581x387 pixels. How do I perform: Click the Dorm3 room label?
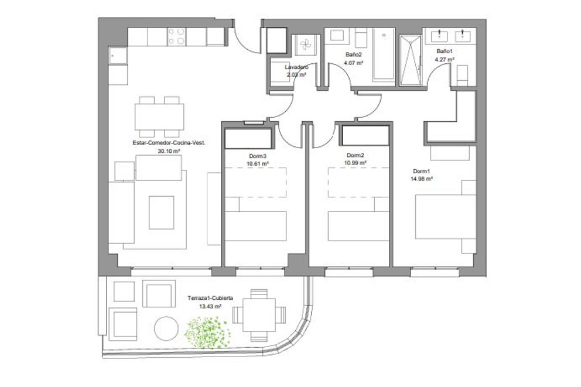(258, 156)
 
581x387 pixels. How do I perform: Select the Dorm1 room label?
(422, 171)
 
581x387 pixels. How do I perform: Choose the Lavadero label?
(296, 67)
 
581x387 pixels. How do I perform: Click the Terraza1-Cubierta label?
(210, 298)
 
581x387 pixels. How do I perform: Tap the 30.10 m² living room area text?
(168, 150)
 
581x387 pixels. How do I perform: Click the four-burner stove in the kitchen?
(177, 37)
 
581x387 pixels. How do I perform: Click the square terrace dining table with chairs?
(258, 314)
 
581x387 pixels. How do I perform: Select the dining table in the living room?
(159, 117)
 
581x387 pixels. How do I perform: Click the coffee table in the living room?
(161, 212)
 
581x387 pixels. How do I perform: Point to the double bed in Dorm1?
(445, 217)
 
